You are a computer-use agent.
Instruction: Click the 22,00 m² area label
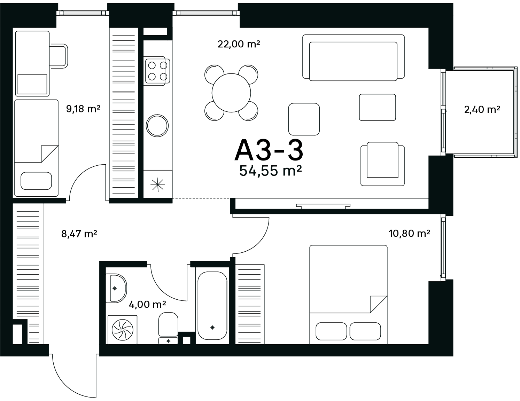tap(239, 44)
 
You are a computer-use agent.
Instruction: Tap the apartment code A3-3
tap(269, 151)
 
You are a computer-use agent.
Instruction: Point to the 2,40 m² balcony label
tap(482, 110)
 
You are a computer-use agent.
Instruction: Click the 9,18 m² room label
tap(83, 109)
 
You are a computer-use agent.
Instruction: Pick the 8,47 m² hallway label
tap(79, 234)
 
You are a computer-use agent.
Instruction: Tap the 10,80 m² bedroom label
tap(409, 233)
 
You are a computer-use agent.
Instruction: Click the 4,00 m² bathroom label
tap(147, 304)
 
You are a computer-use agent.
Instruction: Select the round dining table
tap(231, 93)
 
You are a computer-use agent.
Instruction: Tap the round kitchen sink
tap(157, 126)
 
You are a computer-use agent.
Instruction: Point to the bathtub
tap(212, 305)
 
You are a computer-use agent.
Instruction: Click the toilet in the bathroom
tap(168, 328)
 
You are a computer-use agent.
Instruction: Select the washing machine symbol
tap(122, 330)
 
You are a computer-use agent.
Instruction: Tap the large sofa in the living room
tap(354, 58)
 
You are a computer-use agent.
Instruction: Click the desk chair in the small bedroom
tap(59, 56)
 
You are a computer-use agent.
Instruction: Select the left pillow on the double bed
tap(331, 331)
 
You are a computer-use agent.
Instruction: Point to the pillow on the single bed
tap(36, 181)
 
